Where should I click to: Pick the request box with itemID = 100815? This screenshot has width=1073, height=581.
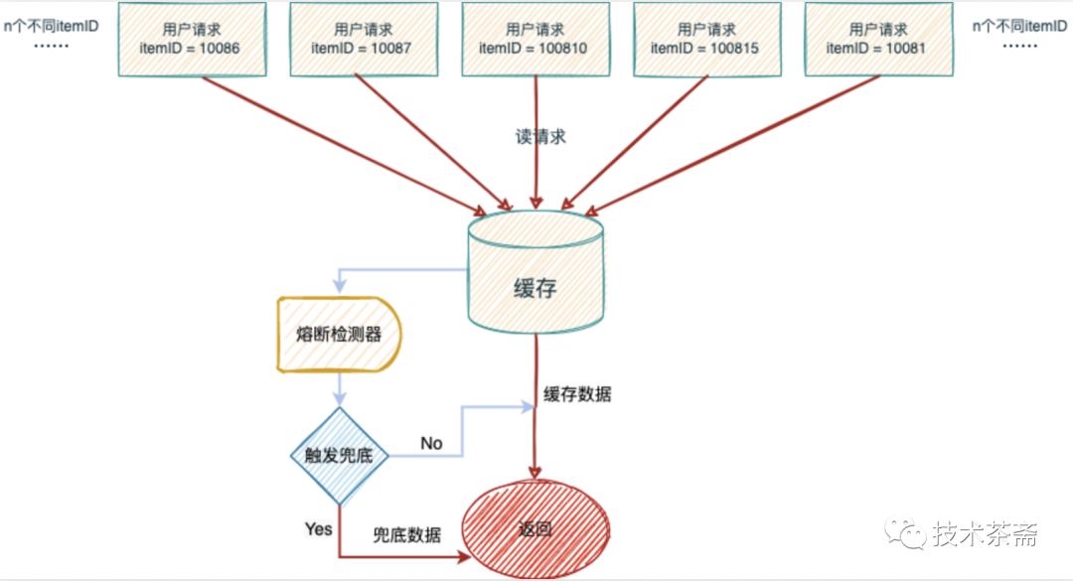click(704, 39)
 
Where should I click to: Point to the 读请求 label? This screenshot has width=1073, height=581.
click(540, 137)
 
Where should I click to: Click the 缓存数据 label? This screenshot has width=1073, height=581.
click(577, 394)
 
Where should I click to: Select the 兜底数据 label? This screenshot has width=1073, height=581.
click(406, 534)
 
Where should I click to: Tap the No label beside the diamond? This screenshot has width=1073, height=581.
click(431, 443)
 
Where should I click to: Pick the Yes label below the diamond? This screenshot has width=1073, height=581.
click(318, 528)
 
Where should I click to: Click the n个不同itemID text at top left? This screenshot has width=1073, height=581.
click(51, 25)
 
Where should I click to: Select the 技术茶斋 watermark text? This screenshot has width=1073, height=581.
click(985, 534)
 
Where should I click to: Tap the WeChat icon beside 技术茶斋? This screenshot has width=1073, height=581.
click(907, 534)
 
